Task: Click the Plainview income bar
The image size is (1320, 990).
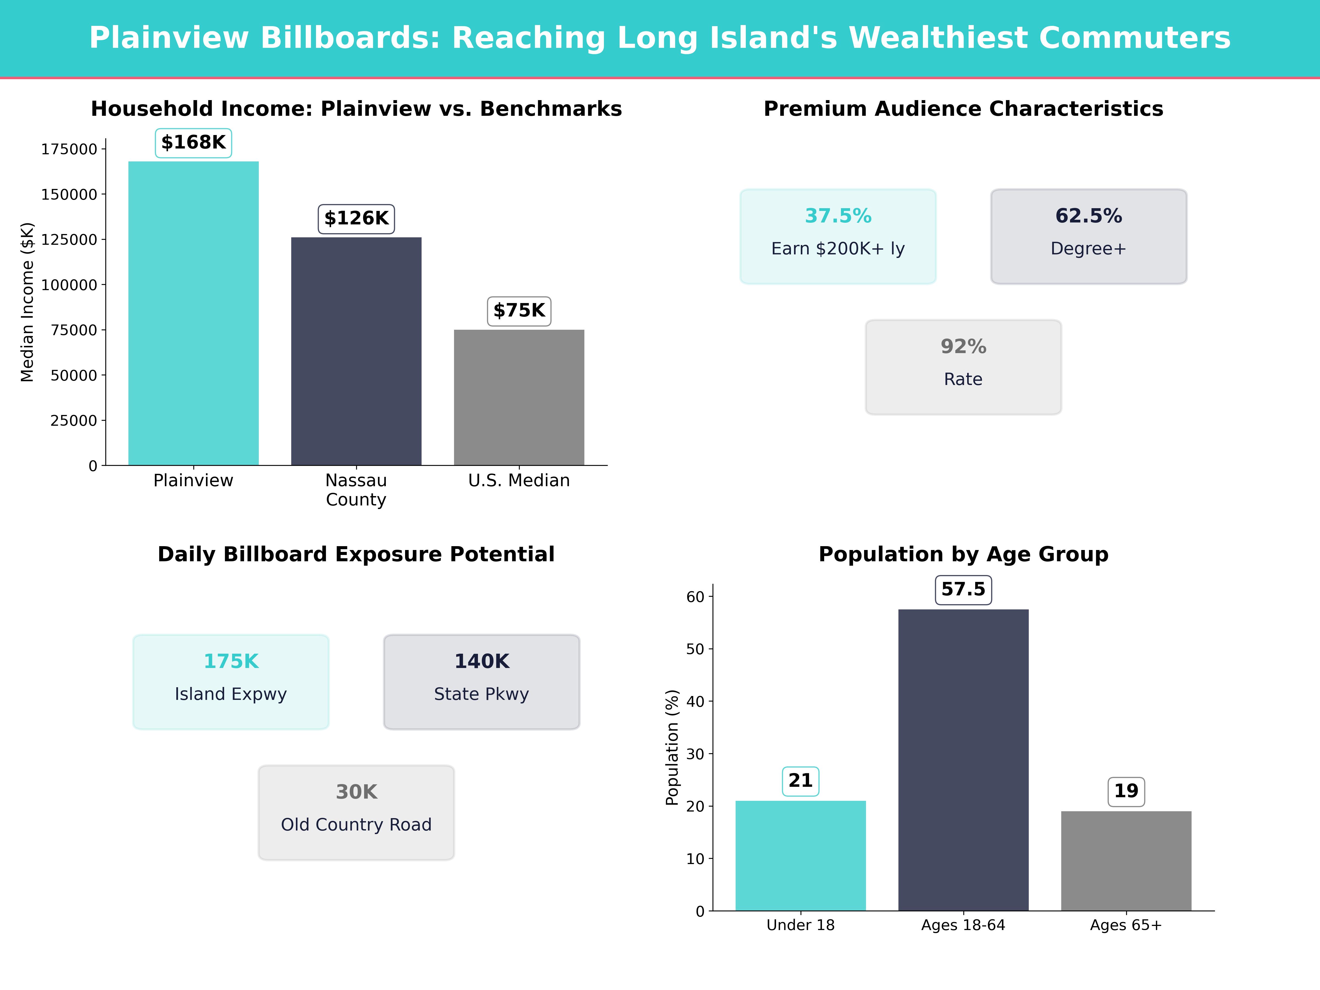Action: click(x=193, y=313)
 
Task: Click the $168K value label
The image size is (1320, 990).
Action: click(x=193, y=143)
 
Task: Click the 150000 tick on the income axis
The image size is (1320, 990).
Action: click(x=69, y=194)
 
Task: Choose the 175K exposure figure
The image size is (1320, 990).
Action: click(x=231, y=661)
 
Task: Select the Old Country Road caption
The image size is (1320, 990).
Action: click(x=356, y=825)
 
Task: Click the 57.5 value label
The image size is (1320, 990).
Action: click(x=963, y=590)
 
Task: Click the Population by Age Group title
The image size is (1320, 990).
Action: click(x=963, y=554)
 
